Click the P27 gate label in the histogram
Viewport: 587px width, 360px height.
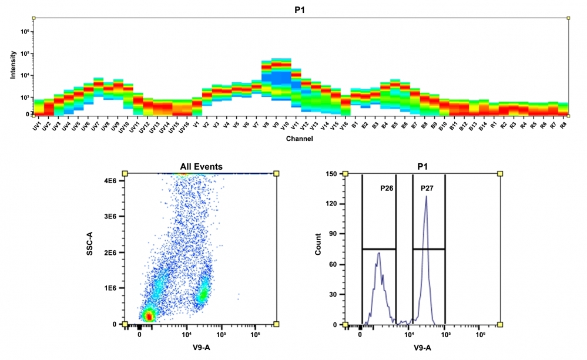point(427,188)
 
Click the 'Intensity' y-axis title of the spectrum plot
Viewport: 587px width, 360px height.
point(13,66)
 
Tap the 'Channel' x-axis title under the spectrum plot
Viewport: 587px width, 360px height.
point(300,139)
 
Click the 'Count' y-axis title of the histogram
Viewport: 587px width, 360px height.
point(318,248)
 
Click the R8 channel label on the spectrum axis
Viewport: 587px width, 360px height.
point(563,125)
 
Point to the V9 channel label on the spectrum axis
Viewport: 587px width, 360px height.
point(275,125)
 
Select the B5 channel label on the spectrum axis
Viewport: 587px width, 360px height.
point(394,125)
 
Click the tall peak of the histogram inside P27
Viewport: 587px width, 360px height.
point(426,198)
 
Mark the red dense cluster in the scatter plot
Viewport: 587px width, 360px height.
point(149,316)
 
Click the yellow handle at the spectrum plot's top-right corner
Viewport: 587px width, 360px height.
point(568,18)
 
